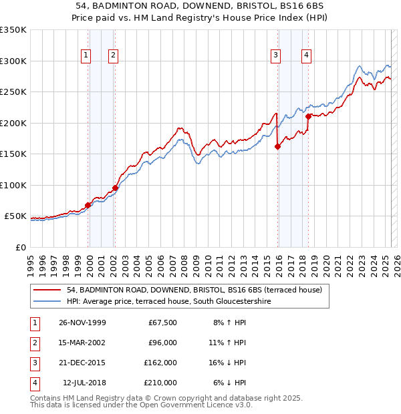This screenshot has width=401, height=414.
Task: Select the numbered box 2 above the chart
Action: pyautogui.click(x=114, y=56)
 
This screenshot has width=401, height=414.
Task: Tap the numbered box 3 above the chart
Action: pyautogui.click(x=275, y=56)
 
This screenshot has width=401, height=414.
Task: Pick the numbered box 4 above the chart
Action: pyautogui.click(x=305, y=56)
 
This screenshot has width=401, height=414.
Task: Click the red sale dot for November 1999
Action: pyautogui.click(x=88, y=205)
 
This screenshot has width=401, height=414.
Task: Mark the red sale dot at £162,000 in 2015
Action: pyautogui.click(x=277, y=147)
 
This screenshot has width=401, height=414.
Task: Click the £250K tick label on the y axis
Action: pyautogui.click(x=13, y=91)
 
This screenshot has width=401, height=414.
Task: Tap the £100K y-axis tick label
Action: pyautogui.click(x=13, y=185)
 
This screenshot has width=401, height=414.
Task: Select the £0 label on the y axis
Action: pyautogui.click(x=19, y=247)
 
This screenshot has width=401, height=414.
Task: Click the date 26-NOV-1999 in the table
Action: pyautogui.click(x=82, y=323)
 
